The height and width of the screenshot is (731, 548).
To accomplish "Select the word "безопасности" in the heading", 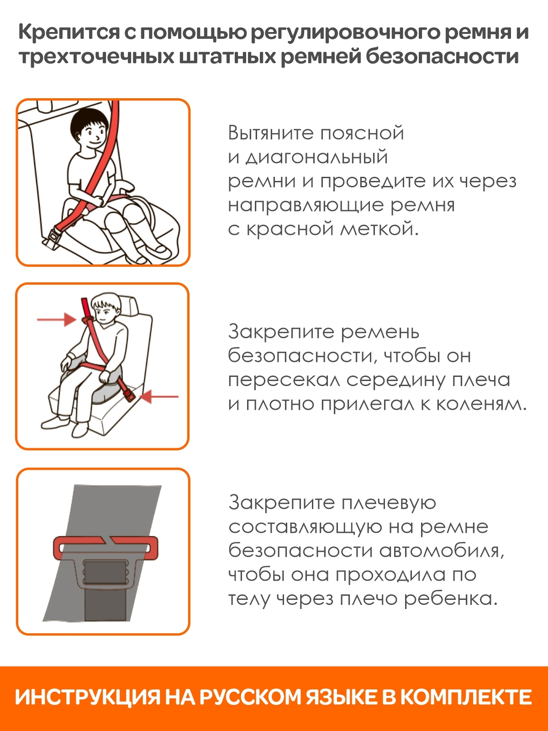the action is tap(442, 57).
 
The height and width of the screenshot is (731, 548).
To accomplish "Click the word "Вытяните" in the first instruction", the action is tap(271, 133).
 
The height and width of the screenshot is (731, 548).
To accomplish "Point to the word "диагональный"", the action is tap(316, 158).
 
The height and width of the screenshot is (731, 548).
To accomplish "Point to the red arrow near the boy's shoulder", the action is tap(57, 319).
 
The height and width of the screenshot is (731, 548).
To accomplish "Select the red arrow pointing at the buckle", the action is tap(159, 396).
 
